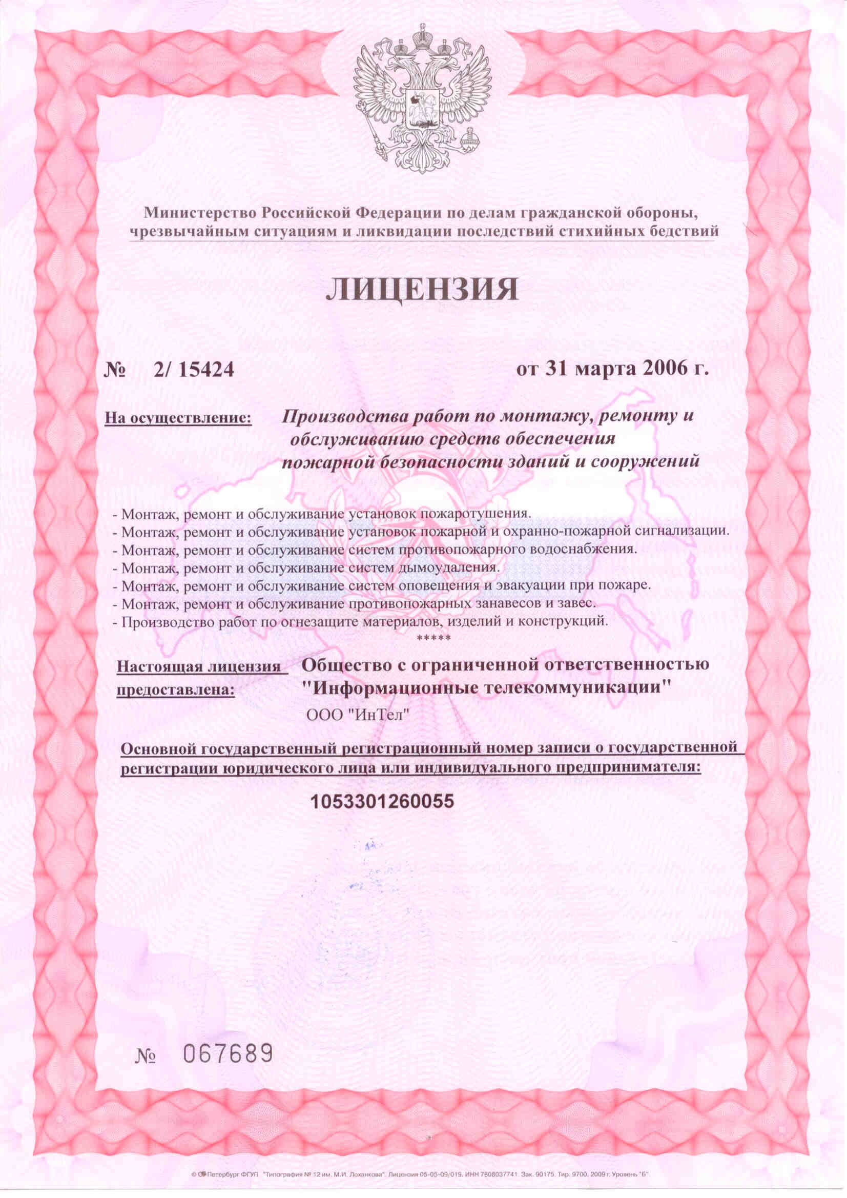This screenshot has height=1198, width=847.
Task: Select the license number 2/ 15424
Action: (194, 370)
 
